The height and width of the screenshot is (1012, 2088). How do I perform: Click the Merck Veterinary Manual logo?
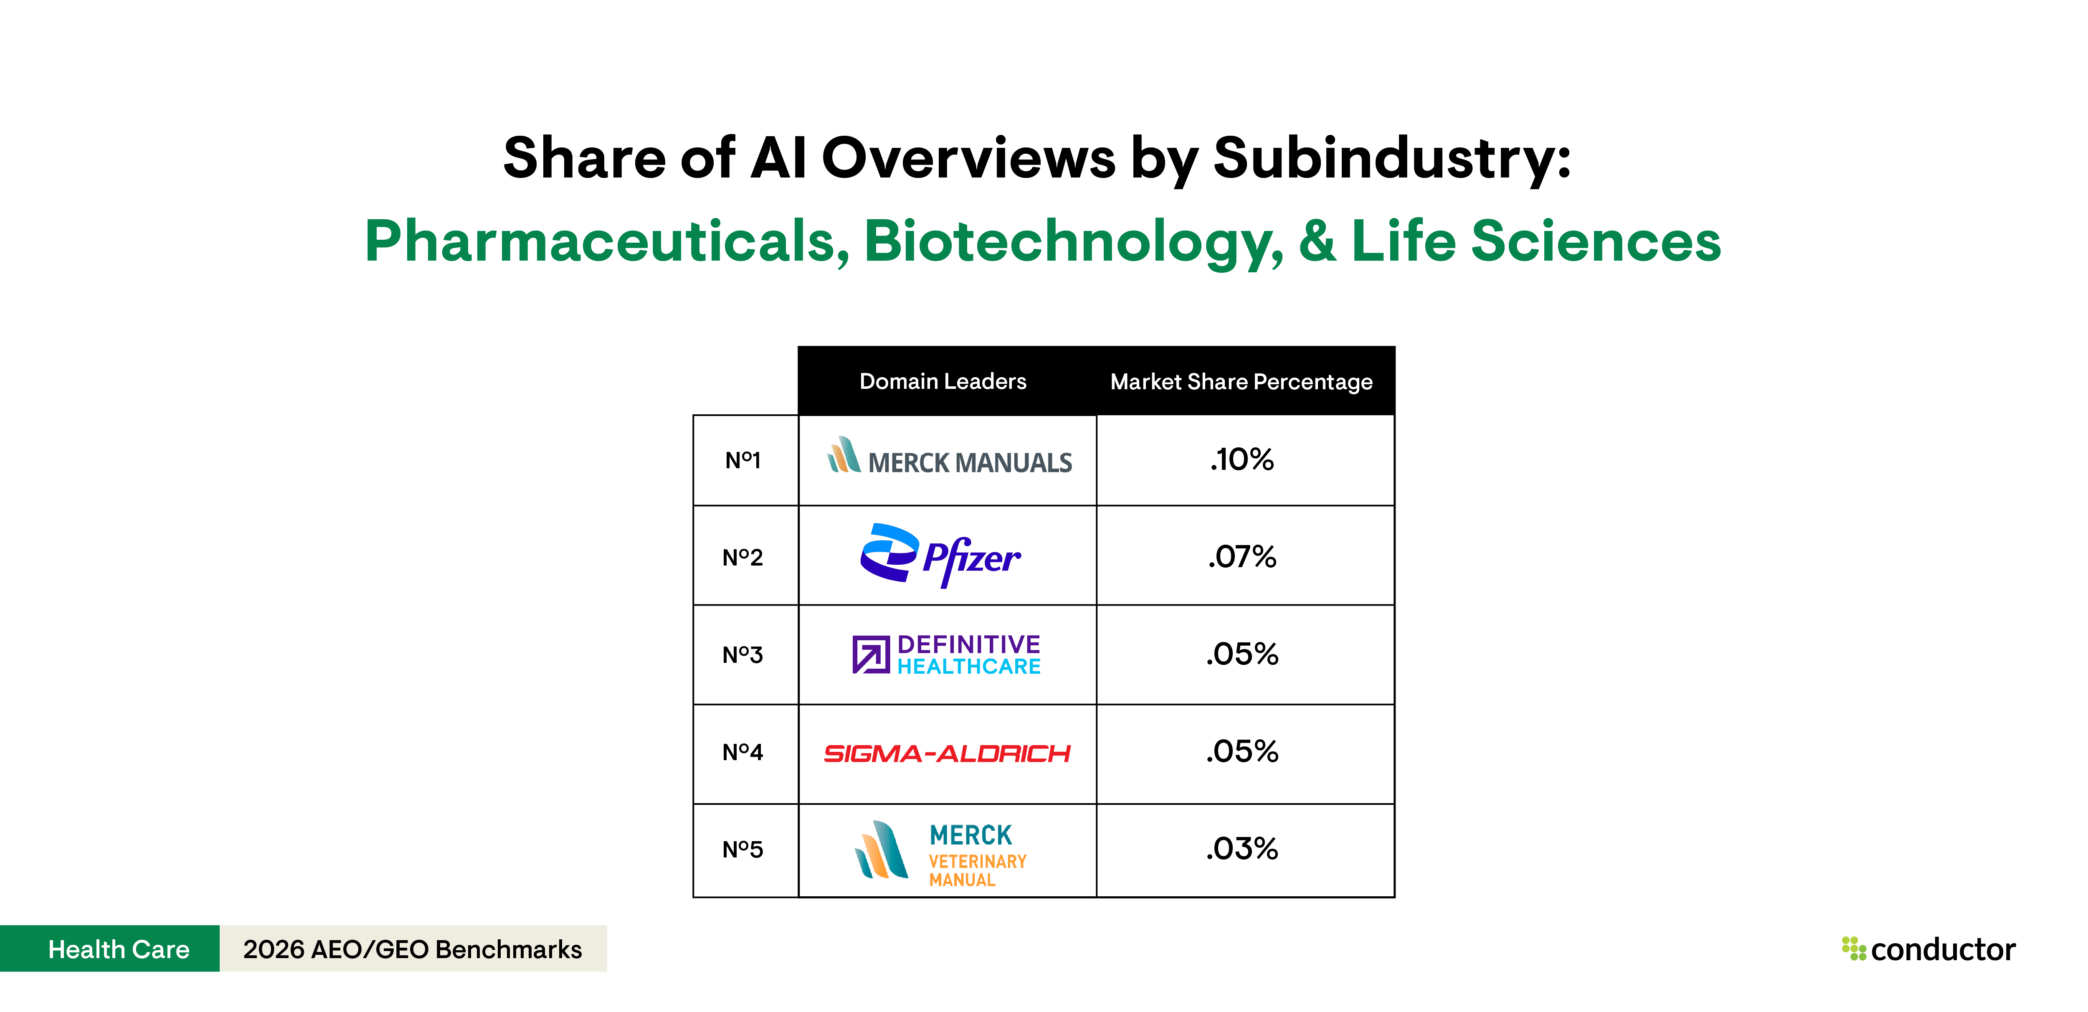point(940,852)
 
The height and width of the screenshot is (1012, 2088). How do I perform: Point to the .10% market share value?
point(1242,460)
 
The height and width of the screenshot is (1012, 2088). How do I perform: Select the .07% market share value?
point(1242,557)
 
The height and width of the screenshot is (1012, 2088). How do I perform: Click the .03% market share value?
point(1242,849)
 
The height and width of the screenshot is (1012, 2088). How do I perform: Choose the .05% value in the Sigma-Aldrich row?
point(1242,752)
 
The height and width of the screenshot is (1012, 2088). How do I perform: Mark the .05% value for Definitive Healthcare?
point(1242,654)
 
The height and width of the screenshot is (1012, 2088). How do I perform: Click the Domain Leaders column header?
point(943,381)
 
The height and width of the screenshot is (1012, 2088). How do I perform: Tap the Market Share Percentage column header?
point(1241,382)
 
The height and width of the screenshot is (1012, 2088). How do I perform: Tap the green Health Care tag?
point(118,949)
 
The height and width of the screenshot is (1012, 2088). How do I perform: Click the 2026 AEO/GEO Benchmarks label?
point(413,949)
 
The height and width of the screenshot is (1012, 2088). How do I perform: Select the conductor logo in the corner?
point(1929,949)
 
